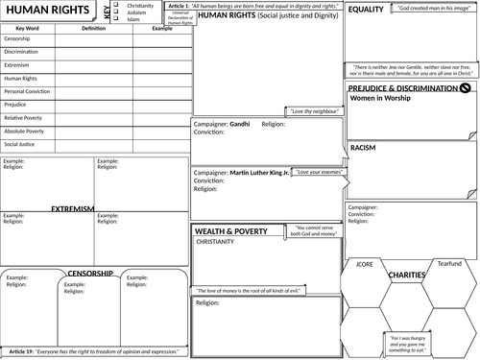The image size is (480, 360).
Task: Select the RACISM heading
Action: [x=363, y=148]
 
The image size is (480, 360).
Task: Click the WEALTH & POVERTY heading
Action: [x=236, y=232]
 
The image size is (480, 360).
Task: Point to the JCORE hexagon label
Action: [x=364, y=262]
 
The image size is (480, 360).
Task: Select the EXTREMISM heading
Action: [x=73, y=207]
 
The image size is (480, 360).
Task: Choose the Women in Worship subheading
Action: [x=384, y=99]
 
